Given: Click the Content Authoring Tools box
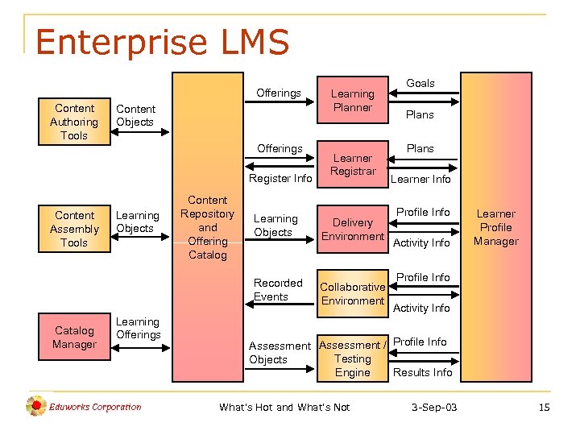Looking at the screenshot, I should (74, 122).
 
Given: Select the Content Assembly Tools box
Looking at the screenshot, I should (74, 229).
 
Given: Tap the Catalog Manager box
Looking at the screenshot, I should (74, 338).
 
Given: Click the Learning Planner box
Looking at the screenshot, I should (353, 101).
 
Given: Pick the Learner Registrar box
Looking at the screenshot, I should (353, 164).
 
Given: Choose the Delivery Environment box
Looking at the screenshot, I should (353, 230).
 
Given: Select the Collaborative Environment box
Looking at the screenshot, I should (353, 294).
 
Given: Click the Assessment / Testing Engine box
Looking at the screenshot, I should (353, 358).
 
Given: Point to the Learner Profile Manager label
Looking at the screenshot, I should (496, 227).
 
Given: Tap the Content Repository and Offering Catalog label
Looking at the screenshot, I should (208, 227).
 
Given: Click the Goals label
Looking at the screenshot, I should (420, 83).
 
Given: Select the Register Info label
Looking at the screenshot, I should (280, 178).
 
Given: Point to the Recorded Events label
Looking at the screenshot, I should (278, 290).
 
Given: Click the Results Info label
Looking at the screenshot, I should (422, 372).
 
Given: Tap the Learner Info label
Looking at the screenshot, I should (420, 179).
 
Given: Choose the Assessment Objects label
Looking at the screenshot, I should (280, 353).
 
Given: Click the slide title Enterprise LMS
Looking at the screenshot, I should (162, 42).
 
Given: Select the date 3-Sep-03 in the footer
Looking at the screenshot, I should (434, 408).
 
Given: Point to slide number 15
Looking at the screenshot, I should (544, 408).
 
